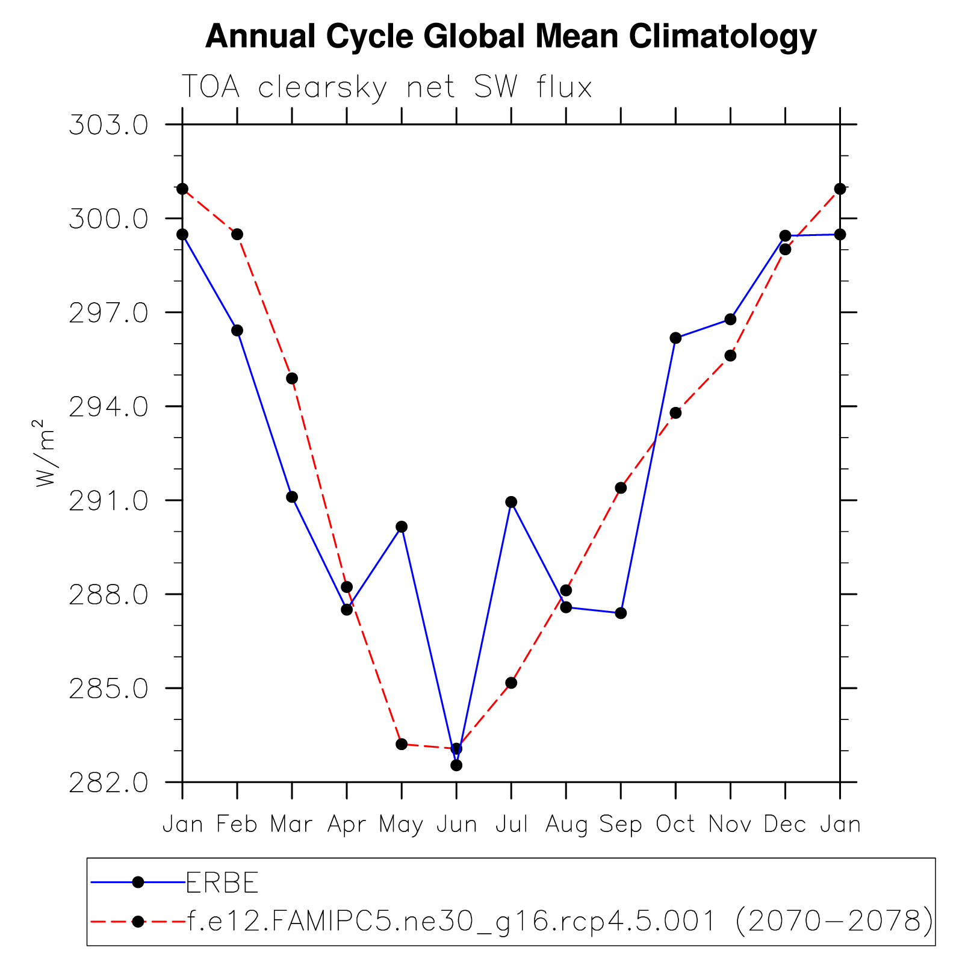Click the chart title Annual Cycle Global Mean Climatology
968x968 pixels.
[510, 37]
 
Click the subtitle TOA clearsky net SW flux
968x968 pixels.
[386, 87]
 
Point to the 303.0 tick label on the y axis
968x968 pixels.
[108, 125]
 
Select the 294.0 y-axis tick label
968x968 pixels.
[108, 407]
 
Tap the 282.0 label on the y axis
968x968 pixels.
[108, 783]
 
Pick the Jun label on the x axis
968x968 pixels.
[456, 824]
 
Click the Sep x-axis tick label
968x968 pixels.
[621, 824]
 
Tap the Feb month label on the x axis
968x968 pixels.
[237, 824]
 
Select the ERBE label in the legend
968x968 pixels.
[222, 883]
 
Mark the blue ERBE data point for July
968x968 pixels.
[511, 502]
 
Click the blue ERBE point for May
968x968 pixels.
[402, 527]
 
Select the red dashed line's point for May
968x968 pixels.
[402, 744]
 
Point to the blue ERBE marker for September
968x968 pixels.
[621, 613]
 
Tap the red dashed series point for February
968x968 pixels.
[237, 234]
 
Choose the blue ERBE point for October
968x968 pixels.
[675, 338]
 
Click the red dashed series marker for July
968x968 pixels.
[511, 683]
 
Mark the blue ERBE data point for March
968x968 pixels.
[292, 497]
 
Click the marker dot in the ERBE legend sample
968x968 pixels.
[138, 883]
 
